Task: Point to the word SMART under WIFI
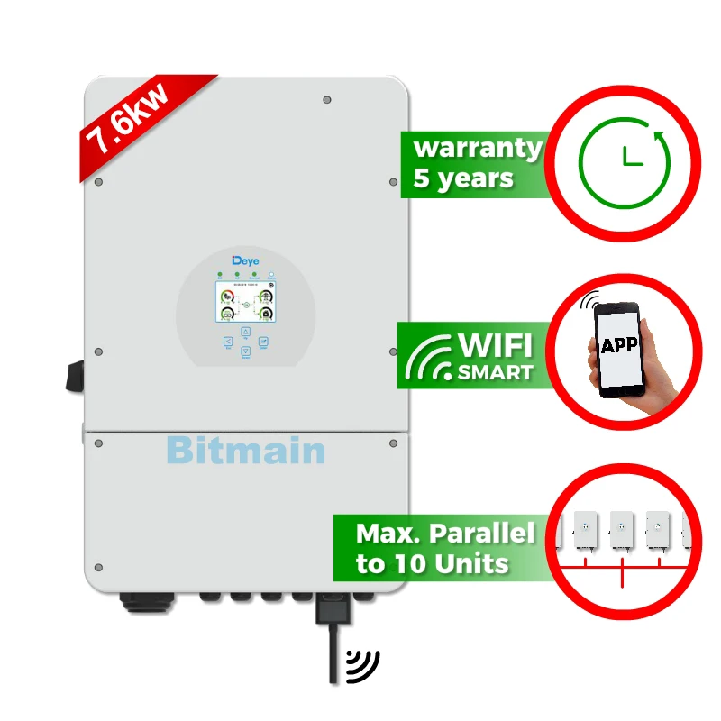[494, 370]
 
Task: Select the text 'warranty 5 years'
[476, 162]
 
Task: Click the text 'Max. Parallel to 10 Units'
[443, 548]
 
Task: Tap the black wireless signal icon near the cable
[365, 665]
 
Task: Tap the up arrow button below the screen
[245, 332]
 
